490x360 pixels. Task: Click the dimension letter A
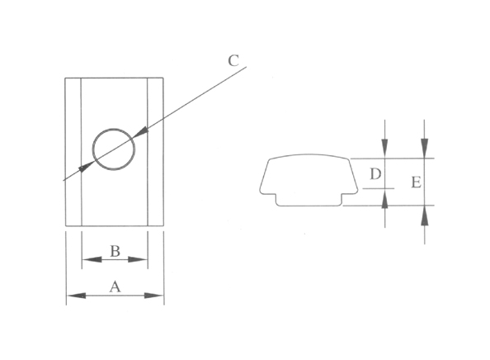pos(115,287)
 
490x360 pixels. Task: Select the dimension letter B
pos(115,251)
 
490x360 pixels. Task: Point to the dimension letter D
pos(375,174)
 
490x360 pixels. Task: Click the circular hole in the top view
pos(114,149)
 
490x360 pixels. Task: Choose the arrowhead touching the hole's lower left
pos(86,168)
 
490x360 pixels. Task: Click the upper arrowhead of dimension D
pos(384,151)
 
